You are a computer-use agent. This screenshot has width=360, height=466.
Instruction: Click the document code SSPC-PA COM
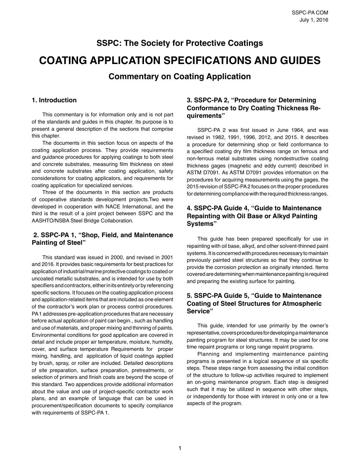pos(310,13)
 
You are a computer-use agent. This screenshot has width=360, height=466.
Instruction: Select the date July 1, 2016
pos(314,20)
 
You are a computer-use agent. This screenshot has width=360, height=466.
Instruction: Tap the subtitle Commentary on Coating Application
pos(180,77)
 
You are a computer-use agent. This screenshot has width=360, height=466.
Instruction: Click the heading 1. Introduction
pos(54,100)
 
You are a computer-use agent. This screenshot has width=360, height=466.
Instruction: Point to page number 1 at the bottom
pos(180,448)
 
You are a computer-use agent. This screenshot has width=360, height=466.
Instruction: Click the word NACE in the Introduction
pos(108,206)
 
